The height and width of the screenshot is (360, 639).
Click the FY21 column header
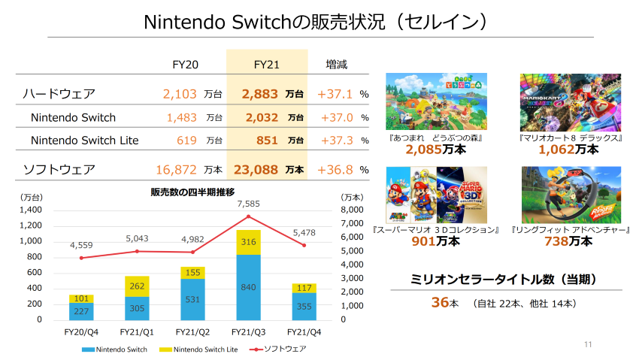pos(267,65)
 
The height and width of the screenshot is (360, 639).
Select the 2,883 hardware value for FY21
pos(260,95)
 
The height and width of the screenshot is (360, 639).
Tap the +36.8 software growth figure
pos(335,170)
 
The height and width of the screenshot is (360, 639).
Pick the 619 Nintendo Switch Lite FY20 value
pos(186,140)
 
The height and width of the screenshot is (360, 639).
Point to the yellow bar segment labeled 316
pos(248,242)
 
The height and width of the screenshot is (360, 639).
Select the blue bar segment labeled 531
pos(192,300)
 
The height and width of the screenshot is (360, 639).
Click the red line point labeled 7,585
pos(248,216)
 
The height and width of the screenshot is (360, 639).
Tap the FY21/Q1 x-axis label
pos(137,331)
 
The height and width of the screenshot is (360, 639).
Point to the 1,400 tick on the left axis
pos(31,210)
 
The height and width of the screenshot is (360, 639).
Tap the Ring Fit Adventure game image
pos(571,195)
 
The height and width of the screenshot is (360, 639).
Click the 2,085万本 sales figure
pos(435,150)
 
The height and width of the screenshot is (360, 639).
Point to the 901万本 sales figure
pos(435,241)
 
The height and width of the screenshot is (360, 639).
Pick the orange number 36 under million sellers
pos(440,302)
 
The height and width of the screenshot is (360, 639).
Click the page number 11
pos(588,344)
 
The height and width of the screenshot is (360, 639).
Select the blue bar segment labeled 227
pos(81,312)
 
